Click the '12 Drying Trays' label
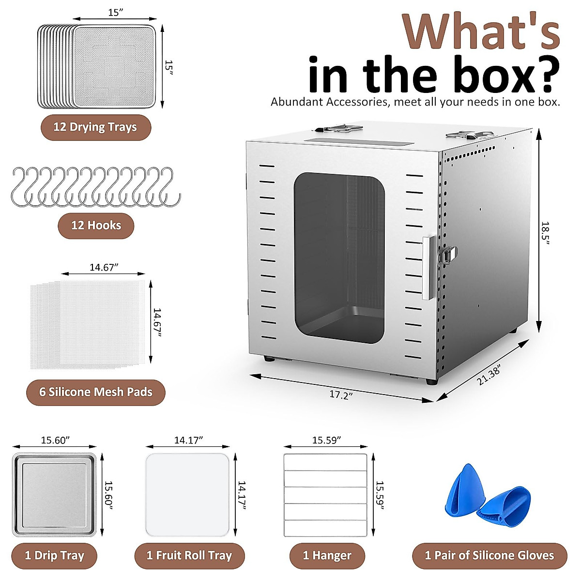[95, 127]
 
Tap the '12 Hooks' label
[96, 225]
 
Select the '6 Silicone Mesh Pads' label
[96, 392]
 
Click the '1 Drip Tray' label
[54, 555]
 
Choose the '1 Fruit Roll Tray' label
[189, 555]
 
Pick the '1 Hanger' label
[327, 555]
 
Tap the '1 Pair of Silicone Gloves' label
[489, 555]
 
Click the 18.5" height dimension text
[546, 233]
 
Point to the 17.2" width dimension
[341, 395]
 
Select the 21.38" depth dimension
[489, 375]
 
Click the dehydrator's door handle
[426, 268]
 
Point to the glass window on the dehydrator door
[339, 257]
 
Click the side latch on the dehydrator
[447, 255]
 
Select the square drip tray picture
[55, 495]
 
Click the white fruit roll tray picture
[187, 495]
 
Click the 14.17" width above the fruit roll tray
[188, 440]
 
